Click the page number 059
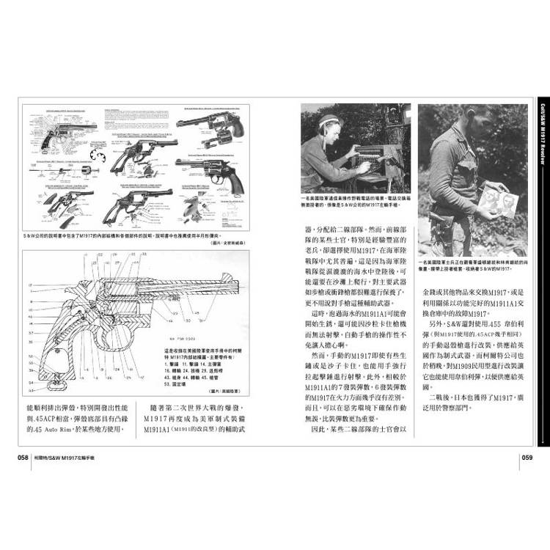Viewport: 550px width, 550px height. (x=530, y=457)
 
